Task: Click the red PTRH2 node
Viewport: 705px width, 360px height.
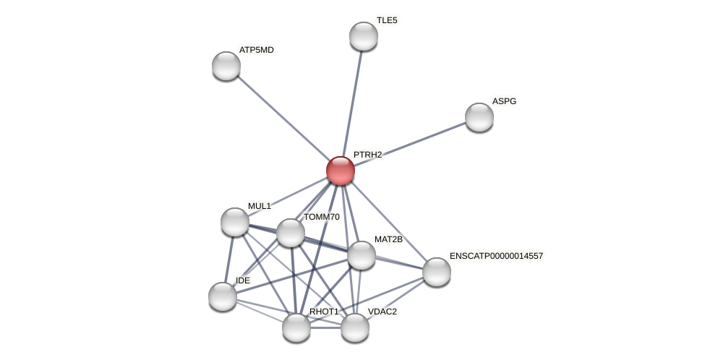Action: pos(341,171)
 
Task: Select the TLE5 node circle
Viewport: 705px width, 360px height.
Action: pos(364,36)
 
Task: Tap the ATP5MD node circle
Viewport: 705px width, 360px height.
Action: pos(226,66)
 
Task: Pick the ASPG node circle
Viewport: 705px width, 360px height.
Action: pos(479,117)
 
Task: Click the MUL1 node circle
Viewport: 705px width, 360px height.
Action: pos(235,222)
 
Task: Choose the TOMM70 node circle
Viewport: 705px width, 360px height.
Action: pos(291,233)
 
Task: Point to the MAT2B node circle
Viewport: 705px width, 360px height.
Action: pos(362,255)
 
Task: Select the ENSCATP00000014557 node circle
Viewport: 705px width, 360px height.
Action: pos(437,272)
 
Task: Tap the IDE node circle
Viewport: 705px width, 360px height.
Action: pos(223,296)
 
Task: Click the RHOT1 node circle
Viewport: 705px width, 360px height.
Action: pos(296,327)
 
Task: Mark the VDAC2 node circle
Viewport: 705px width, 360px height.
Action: pos(355,327)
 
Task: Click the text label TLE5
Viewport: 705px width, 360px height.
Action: pos(387,20)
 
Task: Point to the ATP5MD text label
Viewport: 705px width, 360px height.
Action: pos(257,50)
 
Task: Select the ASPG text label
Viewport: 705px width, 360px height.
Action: pos(504,101)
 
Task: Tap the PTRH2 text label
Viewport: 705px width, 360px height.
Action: pos(367,155)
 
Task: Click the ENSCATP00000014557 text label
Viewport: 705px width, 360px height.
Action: pos(496,256)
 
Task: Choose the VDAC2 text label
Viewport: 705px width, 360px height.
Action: pos(383,312)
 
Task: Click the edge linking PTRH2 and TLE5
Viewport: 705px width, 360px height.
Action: pos(353,101)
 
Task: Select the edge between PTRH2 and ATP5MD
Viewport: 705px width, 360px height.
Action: pos(282,117)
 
